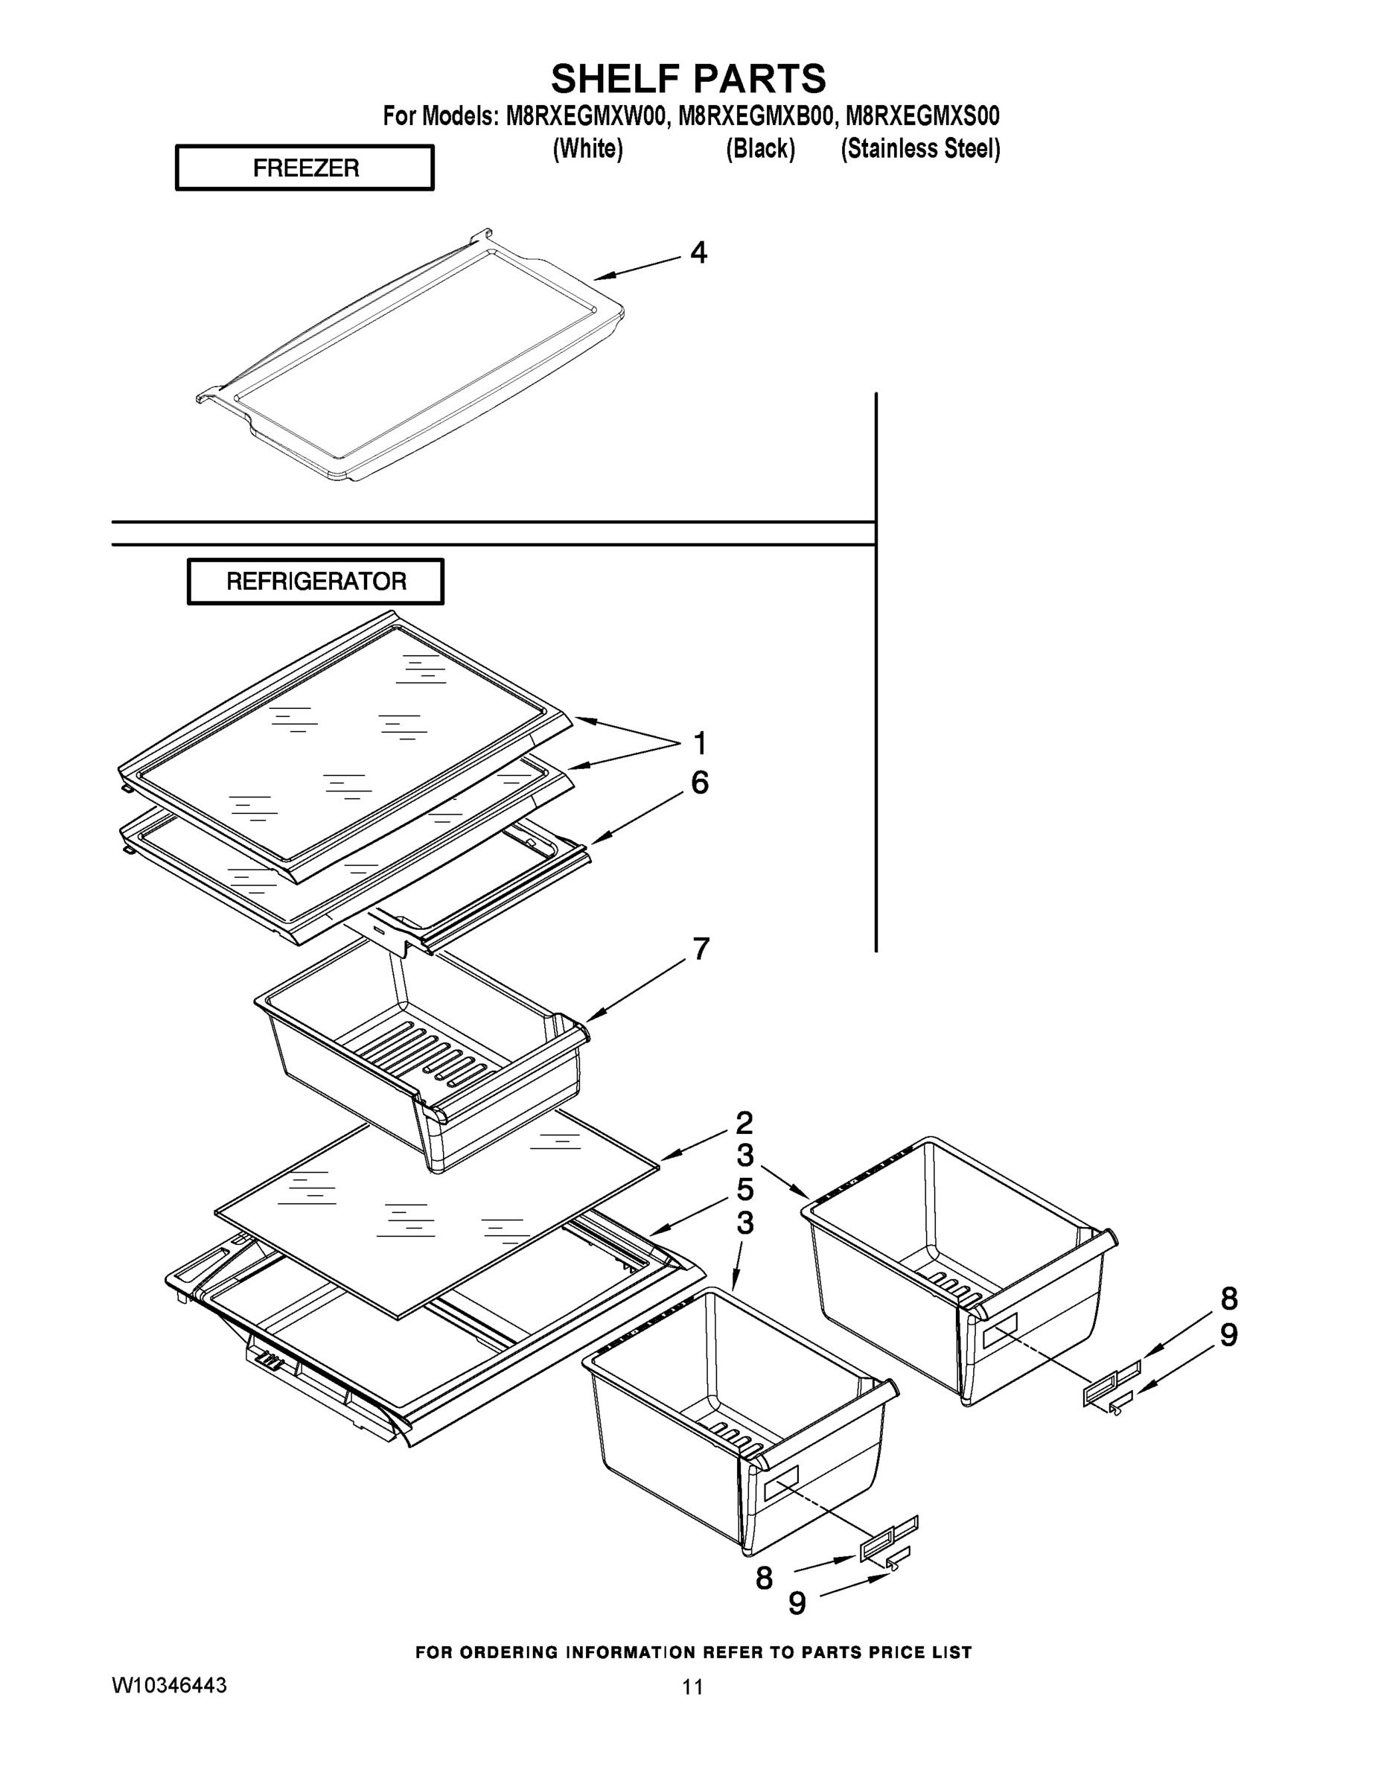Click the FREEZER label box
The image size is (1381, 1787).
[304, 168]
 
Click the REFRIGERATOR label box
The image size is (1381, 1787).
[316, 581]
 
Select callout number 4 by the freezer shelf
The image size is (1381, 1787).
[698, 253]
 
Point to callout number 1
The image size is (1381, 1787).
[700, 744]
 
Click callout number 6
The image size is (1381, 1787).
[700, 783]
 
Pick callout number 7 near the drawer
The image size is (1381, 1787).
[701, 949]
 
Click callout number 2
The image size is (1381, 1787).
[744, 1122]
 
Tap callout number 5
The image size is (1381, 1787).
[744, 1190]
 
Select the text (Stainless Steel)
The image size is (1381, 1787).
[920, 149]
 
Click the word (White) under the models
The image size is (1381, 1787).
[588, 149]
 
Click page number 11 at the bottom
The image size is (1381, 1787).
[692, 1686]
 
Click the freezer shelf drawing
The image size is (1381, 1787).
[409, 356]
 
